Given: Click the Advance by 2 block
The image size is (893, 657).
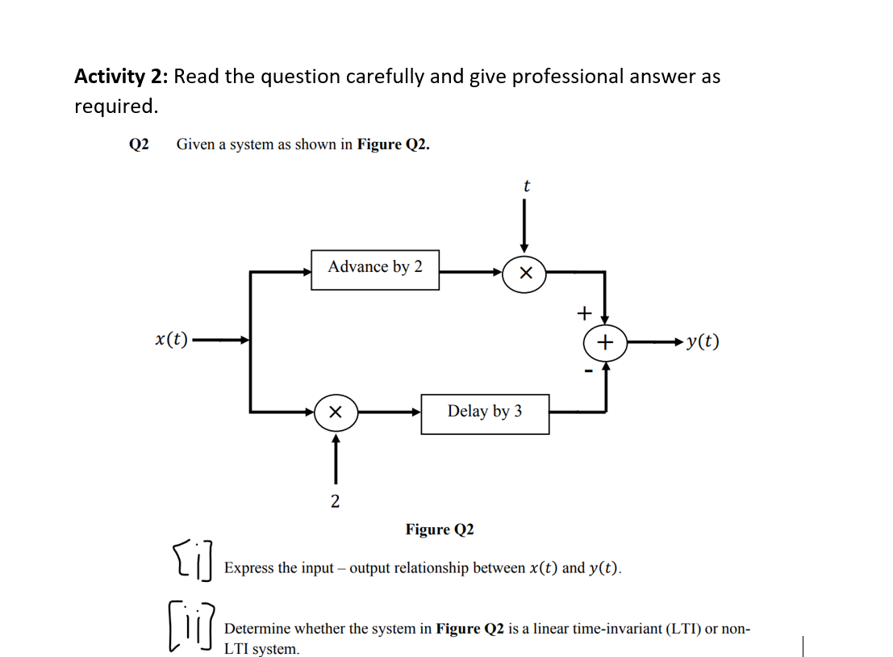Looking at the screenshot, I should tap(375, 269).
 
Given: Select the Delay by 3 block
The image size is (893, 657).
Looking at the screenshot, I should tap(485, 412).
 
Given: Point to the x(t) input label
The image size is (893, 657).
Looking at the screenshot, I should tap(171, 340).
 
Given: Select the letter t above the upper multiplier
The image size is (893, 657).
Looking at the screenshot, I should tap(526, 186).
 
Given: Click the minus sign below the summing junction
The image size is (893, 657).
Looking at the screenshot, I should tap(589, 372).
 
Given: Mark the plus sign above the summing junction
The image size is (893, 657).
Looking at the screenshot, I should tap(585, 312).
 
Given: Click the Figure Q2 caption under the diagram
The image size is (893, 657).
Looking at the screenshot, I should tap(440, 529).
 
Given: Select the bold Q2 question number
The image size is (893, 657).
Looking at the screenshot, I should tap(139, 144).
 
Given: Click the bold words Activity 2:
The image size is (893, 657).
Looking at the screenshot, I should tap(121, 77).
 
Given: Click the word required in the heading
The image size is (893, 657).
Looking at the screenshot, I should tap(113, 107).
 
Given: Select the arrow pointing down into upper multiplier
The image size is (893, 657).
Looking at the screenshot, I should tap(524, 230).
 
